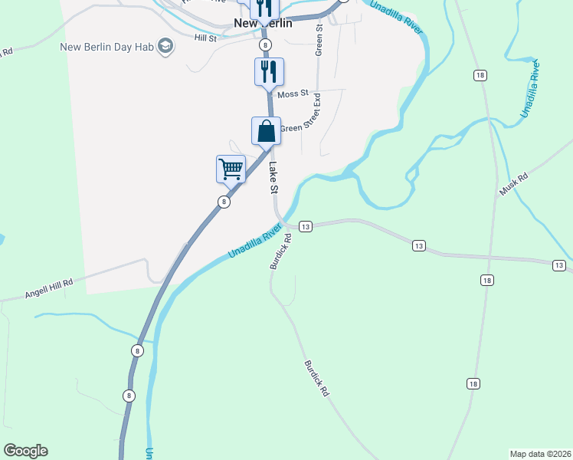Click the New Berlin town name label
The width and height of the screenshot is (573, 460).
264,24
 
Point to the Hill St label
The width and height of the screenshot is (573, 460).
206,38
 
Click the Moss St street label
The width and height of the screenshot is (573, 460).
293,94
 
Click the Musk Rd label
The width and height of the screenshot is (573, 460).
513,185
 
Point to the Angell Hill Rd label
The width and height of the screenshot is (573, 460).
48,288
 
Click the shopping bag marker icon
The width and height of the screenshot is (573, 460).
266,130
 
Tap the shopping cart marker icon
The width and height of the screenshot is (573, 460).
231,168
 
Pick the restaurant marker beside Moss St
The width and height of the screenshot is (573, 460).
269,71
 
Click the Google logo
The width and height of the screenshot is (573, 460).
25,451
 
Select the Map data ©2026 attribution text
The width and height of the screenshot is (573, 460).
540,453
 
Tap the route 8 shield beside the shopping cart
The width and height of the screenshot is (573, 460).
223,202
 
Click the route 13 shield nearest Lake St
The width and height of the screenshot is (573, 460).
306,227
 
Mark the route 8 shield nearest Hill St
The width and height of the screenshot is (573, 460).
264,45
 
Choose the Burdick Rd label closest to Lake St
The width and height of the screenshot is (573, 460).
281,252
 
